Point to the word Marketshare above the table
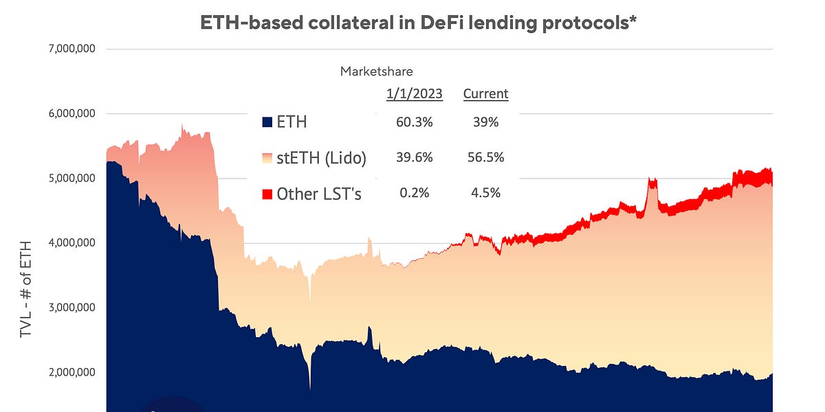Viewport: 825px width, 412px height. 377,71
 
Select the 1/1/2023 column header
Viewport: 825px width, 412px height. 414,93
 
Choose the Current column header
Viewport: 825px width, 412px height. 485,93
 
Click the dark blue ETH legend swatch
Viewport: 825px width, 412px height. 268,123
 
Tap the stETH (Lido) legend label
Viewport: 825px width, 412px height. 321,158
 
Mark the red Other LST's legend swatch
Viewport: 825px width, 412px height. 268,194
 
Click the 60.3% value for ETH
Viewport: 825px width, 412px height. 414,122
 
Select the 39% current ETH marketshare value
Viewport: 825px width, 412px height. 485,122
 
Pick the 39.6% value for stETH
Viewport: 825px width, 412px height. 414,157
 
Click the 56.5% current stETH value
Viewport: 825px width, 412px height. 485,157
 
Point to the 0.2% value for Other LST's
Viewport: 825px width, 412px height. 414,193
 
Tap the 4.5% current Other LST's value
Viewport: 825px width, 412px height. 485,193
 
